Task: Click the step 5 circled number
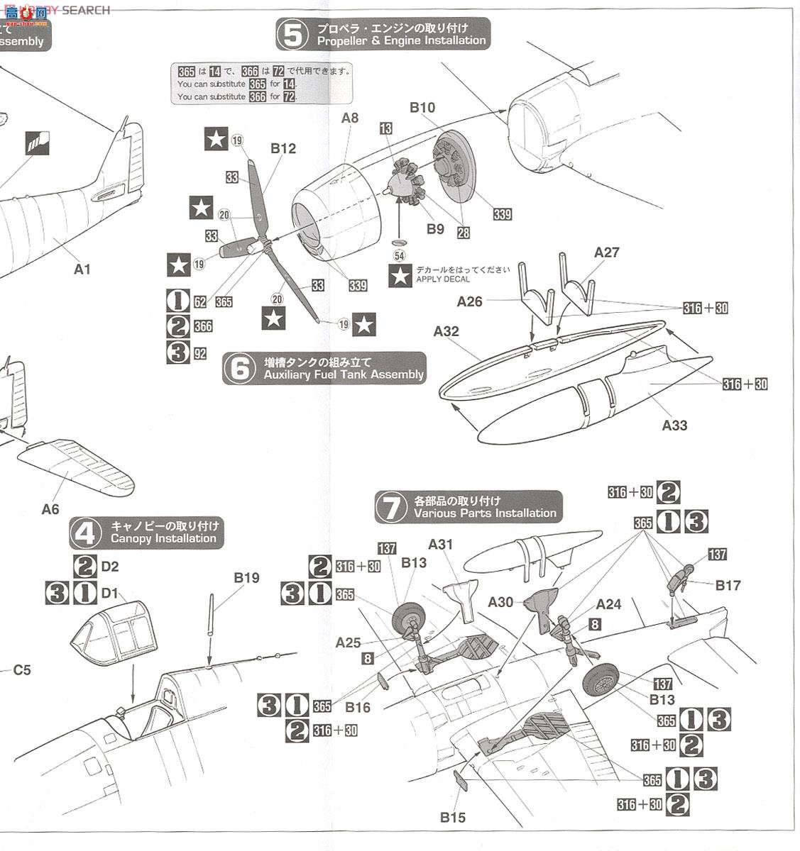point(292,34)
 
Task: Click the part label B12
point(283,148)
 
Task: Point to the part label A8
point(350,118)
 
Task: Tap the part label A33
point(674,425)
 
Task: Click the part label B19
point(246,577)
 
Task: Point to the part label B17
point(728,585)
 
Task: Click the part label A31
point(440,545)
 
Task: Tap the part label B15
point(452,818)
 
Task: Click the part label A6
point(50,508)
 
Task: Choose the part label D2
point(110,567)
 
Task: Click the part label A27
point(607,252)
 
